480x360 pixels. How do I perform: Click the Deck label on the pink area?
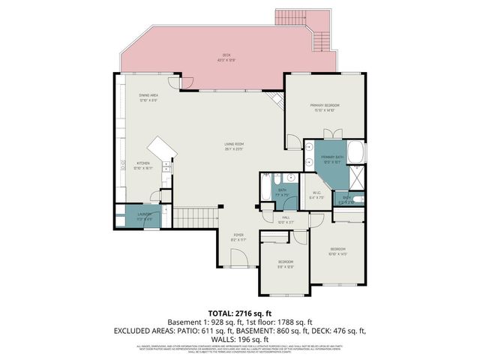(x=226, y=56)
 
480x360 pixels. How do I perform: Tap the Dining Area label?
(x=148, y=97)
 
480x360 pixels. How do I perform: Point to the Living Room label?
(x=235, y=146)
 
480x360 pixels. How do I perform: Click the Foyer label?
(x=238, y=237)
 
